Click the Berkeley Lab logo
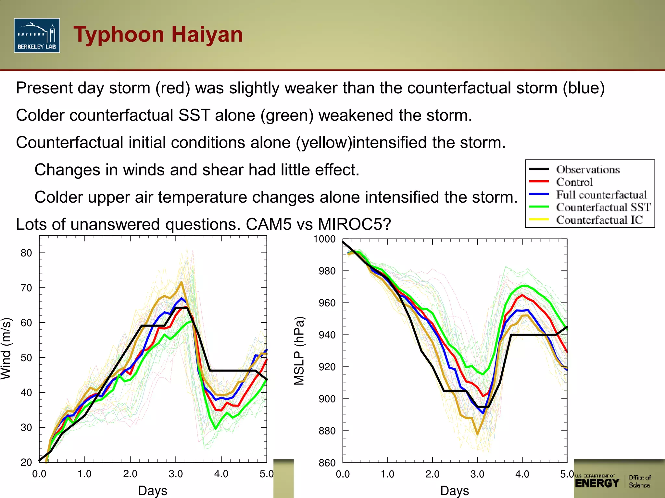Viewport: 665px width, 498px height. pyautogui.click(x=37, y=35)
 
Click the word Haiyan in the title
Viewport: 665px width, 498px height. pyautogui.click(x=207, y=34)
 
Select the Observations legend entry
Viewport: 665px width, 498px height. pyautogui.click(x=588, y=169)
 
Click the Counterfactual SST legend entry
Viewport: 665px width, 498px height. pyautogui.click(x=603, y=207)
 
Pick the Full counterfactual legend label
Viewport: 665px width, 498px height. pyautogui.click(x=601, y=195)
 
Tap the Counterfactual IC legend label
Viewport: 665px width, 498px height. pyautogui.click(x=599, y=220)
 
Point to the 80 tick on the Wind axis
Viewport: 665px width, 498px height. pyautogui.click(x=27, y=253)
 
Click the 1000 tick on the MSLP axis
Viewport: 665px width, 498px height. pyautogui.click(x=324, y=239)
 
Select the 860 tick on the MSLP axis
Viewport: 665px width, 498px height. pyautogui.click(x=327, y=463)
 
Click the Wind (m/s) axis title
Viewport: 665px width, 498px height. pyautogui.click(x=6, y=349)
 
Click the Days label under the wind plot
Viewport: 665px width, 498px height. pyautogui.click(x=153, y=491)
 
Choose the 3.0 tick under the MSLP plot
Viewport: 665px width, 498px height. pyautogui.click(x=477, y=474)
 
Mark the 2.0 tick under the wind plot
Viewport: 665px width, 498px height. pyautogui.click(x=130, y=474)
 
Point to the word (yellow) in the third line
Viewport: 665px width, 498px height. pyautogui.click(x=324, y=143)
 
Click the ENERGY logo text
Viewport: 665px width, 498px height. pyautogui.click(x=597, y=483)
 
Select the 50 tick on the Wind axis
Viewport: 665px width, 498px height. pyautogui.click(x=27, y=358)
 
